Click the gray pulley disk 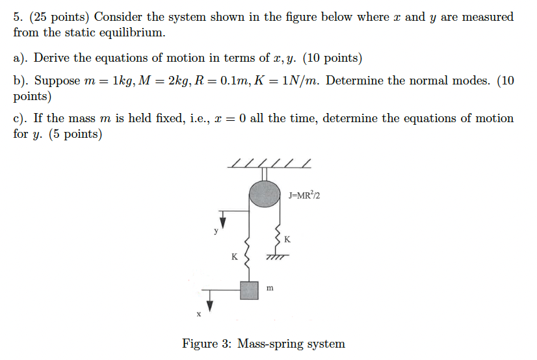[265, 194]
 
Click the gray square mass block [249, 290]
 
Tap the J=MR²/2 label [304, 194]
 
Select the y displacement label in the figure [217, 230]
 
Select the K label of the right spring [287, 240]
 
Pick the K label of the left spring [234, 256]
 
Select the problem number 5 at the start [18, 17]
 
